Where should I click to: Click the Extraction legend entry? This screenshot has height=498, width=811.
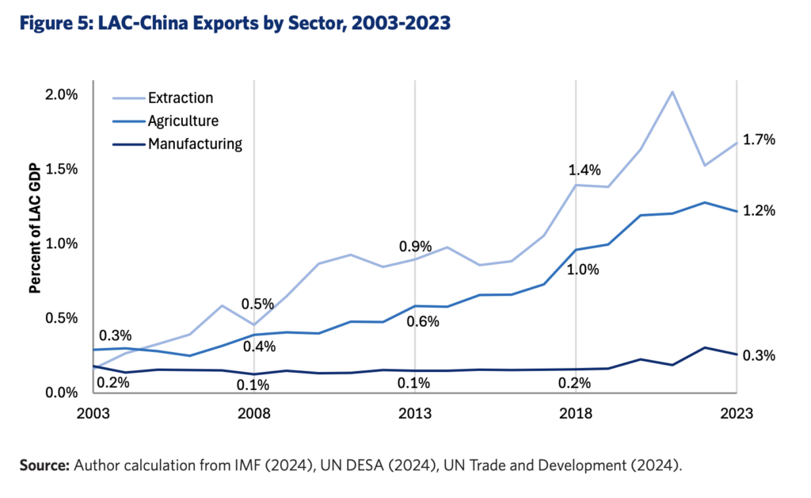(181, 98)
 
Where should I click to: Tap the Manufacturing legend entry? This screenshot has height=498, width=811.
(195, 144)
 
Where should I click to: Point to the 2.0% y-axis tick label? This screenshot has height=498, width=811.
(62, 94)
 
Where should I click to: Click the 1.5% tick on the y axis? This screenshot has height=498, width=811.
(62, 169)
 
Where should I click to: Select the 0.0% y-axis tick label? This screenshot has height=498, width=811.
(62, 393)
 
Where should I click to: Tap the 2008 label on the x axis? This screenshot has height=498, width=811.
(254, 413)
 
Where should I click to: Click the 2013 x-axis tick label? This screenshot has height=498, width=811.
(415, 413)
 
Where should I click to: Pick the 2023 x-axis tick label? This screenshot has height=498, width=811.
(737, 413)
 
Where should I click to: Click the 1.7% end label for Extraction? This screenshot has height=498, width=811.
(759, 140)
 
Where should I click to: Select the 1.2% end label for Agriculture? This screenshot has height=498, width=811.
(759, 211)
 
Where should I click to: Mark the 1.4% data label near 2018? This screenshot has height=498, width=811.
(584, 170)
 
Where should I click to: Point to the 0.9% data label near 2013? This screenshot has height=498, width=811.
(415, 247)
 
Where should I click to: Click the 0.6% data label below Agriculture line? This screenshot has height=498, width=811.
(423, 322)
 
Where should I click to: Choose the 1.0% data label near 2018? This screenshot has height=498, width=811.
(583, 270)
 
